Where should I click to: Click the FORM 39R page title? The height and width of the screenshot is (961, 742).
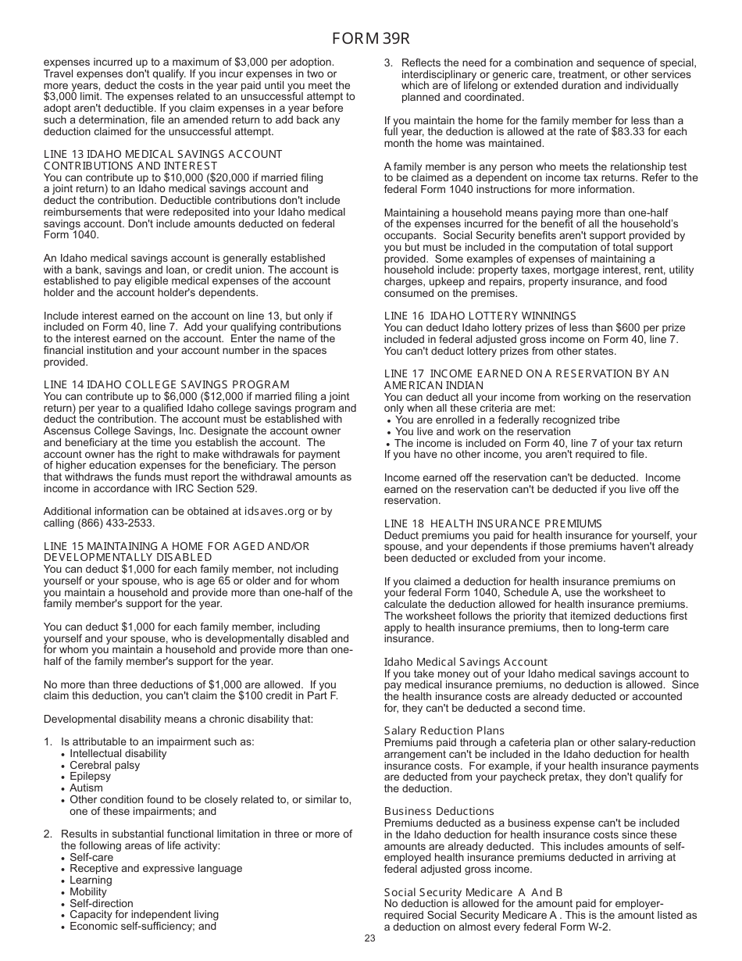(x=370, y=39)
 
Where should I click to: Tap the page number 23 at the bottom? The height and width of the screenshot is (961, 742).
(x=369, y=938)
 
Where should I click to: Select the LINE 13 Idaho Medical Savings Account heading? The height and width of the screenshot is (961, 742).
(x=162, y=160)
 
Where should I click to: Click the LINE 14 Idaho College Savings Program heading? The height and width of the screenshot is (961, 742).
(x=166, y=384)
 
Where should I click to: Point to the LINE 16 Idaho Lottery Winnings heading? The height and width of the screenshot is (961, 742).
(x=480, y=316)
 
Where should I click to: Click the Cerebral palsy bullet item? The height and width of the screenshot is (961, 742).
(x=105, y=765)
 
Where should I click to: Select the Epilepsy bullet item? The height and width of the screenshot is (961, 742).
(x=90, y=777)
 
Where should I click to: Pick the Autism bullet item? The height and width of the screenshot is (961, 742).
(x=86, y=788)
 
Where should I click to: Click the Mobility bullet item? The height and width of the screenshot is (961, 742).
(x=88, y=892)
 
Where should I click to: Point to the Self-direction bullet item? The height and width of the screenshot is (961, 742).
(x=102, y=903)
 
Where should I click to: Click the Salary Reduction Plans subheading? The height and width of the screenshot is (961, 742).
(x=444, y=731)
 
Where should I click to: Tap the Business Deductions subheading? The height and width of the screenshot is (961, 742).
(x=439, y=811)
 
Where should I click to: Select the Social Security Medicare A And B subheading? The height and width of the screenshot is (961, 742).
(x=473, y=892)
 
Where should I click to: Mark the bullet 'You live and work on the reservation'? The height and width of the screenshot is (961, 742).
(x=483, y=431)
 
